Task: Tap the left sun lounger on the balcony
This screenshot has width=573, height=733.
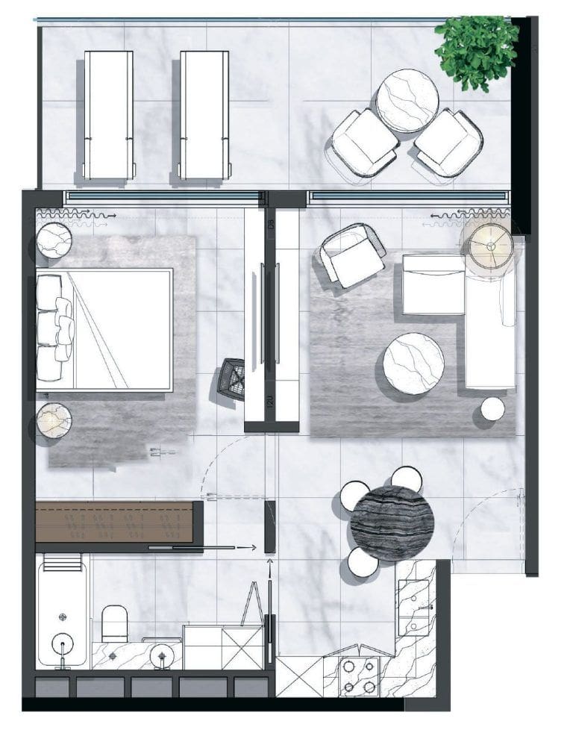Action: coord(108,113)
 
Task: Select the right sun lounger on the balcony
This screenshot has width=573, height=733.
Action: coord(204,113)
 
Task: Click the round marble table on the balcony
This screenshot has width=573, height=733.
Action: coord(407,100)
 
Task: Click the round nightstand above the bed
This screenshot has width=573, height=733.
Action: coord(54,240)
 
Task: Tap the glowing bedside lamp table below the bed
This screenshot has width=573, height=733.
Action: coord(53,421)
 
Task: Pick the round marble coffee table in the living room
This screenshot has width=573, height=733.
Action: coord(413,363)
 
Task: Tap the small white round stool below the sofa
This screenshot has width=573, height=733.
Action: coord(492,409)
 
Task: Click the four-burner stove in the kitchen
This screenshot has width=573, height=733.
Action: coord(358,676)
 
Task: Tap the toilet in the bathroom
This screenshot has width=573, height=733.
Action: coord(115,623)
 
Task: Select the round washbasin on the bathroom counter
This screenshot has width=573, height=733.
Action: coord(160,655)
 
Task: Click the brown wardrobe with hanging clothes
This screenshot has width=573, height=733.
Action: coord(116,520)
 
